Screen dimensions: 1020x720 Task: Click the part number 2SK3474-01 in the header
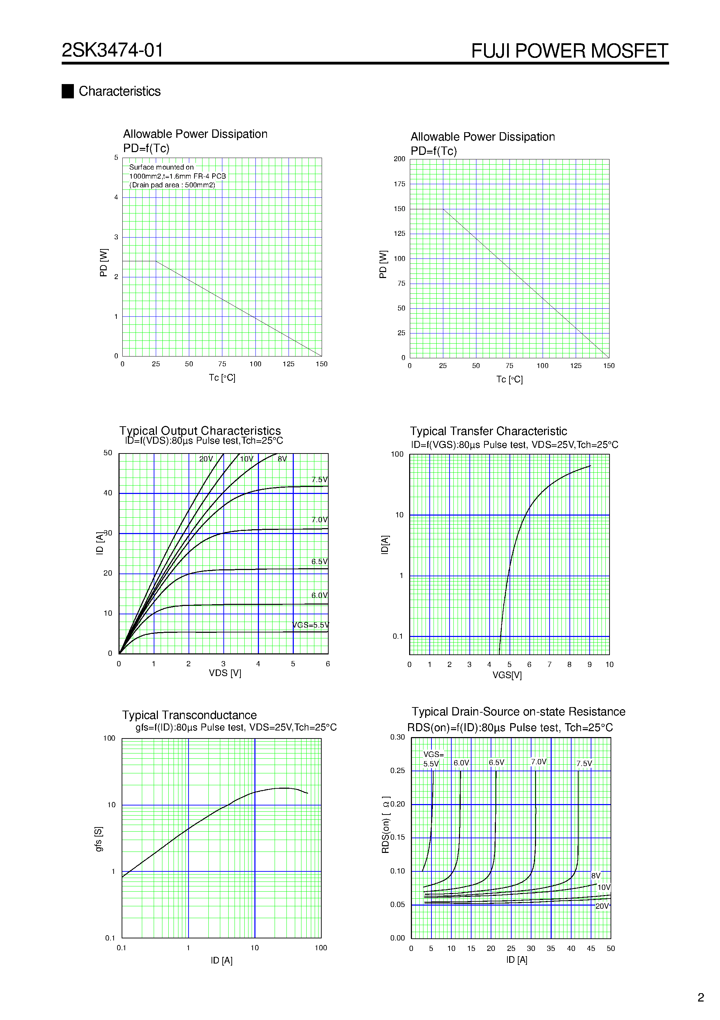(112, 50)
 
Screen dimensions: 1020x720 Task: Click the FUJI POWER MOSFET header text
(569, 51)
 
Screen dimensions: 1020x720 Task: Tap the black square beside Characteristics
(68, 91)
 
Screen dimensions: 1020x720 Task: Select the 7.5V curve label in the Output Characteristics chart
(319, 479)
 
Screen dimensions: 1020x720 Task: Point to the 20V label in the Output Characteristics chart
(206, 459)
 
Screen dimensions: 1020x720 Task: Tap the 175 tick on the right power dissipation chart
(399, 184)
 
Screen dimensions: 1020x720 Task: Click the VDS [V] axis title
(225, 673)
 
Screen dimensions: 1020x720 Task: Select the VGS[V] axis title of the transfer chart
(507, 675)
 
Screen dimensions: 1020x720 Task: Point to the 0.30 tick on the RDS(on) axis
(397, 737)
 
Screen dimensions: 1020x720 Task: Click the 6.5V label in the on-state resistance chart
(496, 762)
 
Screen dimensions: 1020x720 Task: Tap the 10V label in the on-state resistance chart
(604, 887)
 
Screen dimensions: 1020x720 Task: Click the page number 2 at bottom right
(700, 997)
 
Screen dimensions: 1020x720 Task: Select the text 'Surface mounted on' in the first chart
(161, 167)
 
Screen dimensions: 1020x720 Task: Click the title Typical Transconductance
(189, 715)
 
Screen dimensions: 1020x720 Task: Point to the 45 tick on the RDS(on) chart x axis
(590, 948)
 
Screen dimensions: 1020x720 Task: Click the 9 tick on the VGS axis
(589, 665)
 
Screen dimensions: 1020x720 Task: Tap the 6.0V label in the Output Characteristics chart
(319, 595)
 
